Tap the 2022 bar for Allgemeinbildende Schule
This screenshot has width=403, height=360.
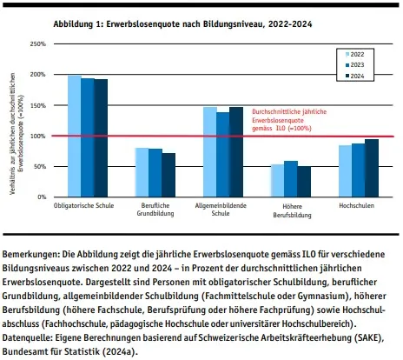pyautogui.click(x=210, y=152)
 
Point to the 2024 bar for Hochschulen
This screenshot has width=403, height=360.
pyautogui.click(x=372, y=168)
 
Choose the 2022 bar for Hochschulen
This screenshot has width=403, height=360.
pyautogui.click(x=345, y=171)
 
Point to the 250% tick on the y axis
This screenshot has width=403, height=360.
pyautogui.click(x=37, y=43)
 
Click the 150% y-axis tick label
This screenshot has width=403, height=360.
pyautogui.click(x=37, y=105)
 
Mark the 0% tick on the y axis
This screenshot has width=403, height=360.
pyautogui.click(x=41, y=197)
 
